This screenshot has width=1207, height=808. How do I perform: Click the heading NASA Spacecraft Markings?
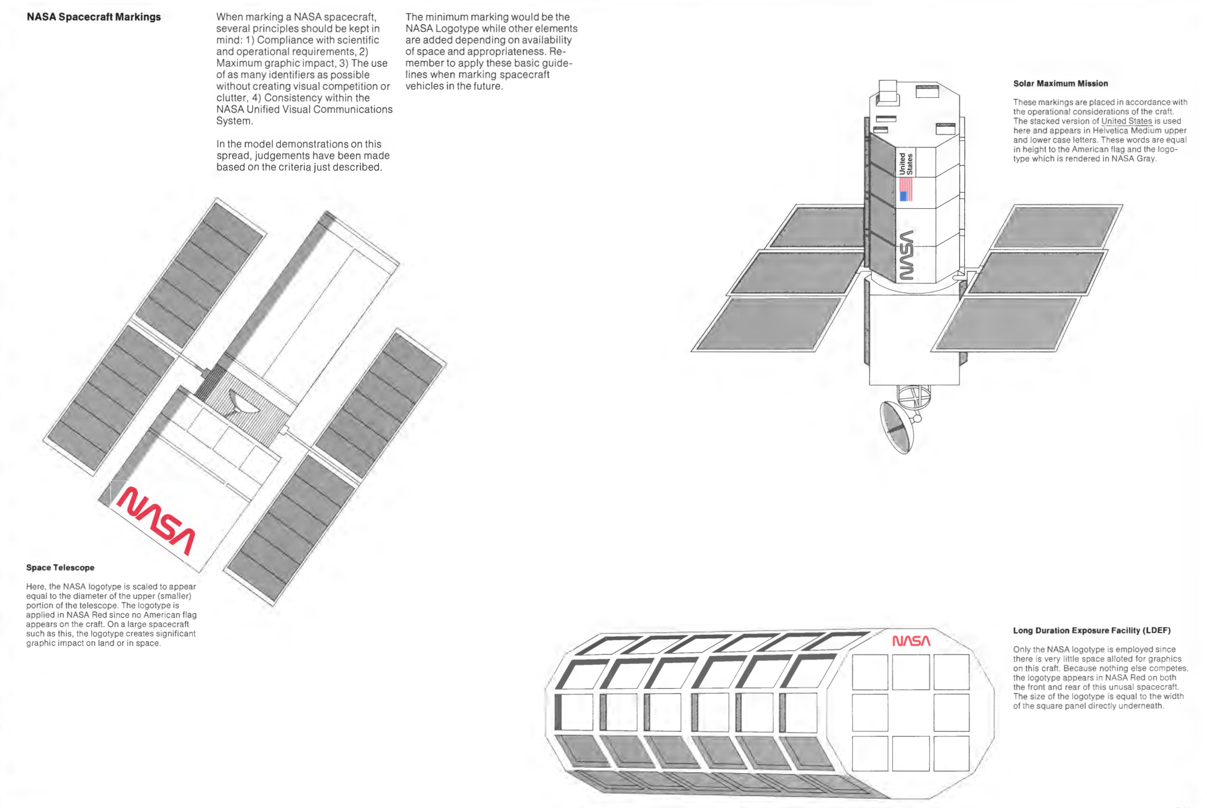(94, 17)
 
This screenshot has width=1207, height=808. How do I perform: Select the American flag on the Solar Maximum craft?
(905, 189)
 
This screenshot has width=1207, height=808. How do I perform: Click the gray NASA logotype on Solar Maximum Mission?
(906, 255)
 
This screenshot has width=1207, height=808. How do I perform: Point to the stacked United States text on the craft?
(906, 164)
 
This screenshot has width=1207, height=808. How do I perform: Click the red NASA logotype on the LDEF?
(911, 641)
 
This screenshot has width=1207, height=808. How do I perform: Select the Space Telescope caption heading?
(60, 567)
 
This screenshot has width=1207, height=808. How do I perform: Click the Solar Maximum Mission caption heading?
(1060, 84)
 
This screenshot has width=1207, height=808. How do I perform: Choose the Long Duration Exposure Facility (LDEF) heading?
(1091, 630)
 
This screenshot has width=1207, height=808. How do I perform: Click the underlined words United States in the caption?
(1126, 121)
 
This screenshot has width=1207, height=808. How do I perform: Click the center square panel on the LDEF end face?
(910, 713)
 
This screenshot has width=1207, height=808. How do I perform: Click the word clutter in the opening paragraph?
(232, 98)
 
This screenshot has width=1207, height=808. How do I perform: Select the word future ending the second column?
(487, 87)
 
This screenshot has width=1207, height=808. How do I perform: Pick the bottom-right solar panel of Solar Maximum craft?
(1007, 323)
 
